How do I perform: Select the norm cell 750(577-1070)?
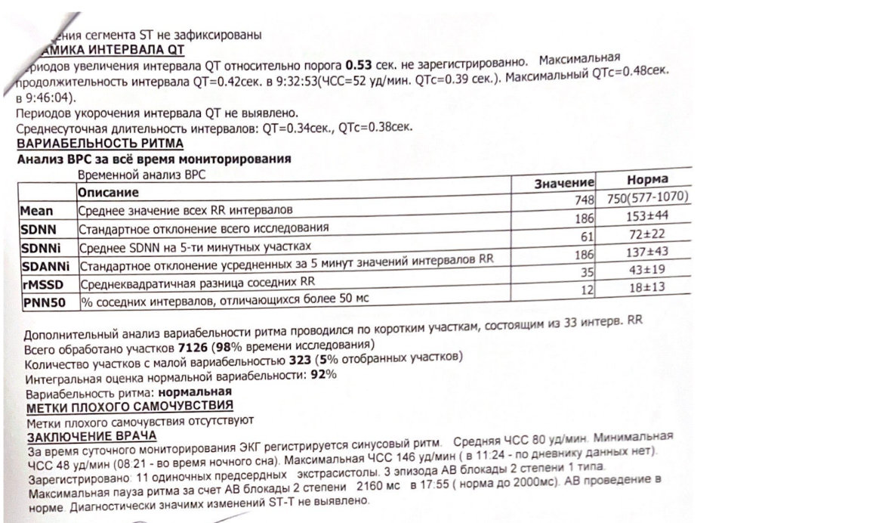tap(649, 198)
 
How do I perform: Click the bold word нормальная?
tap(198, 393)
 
